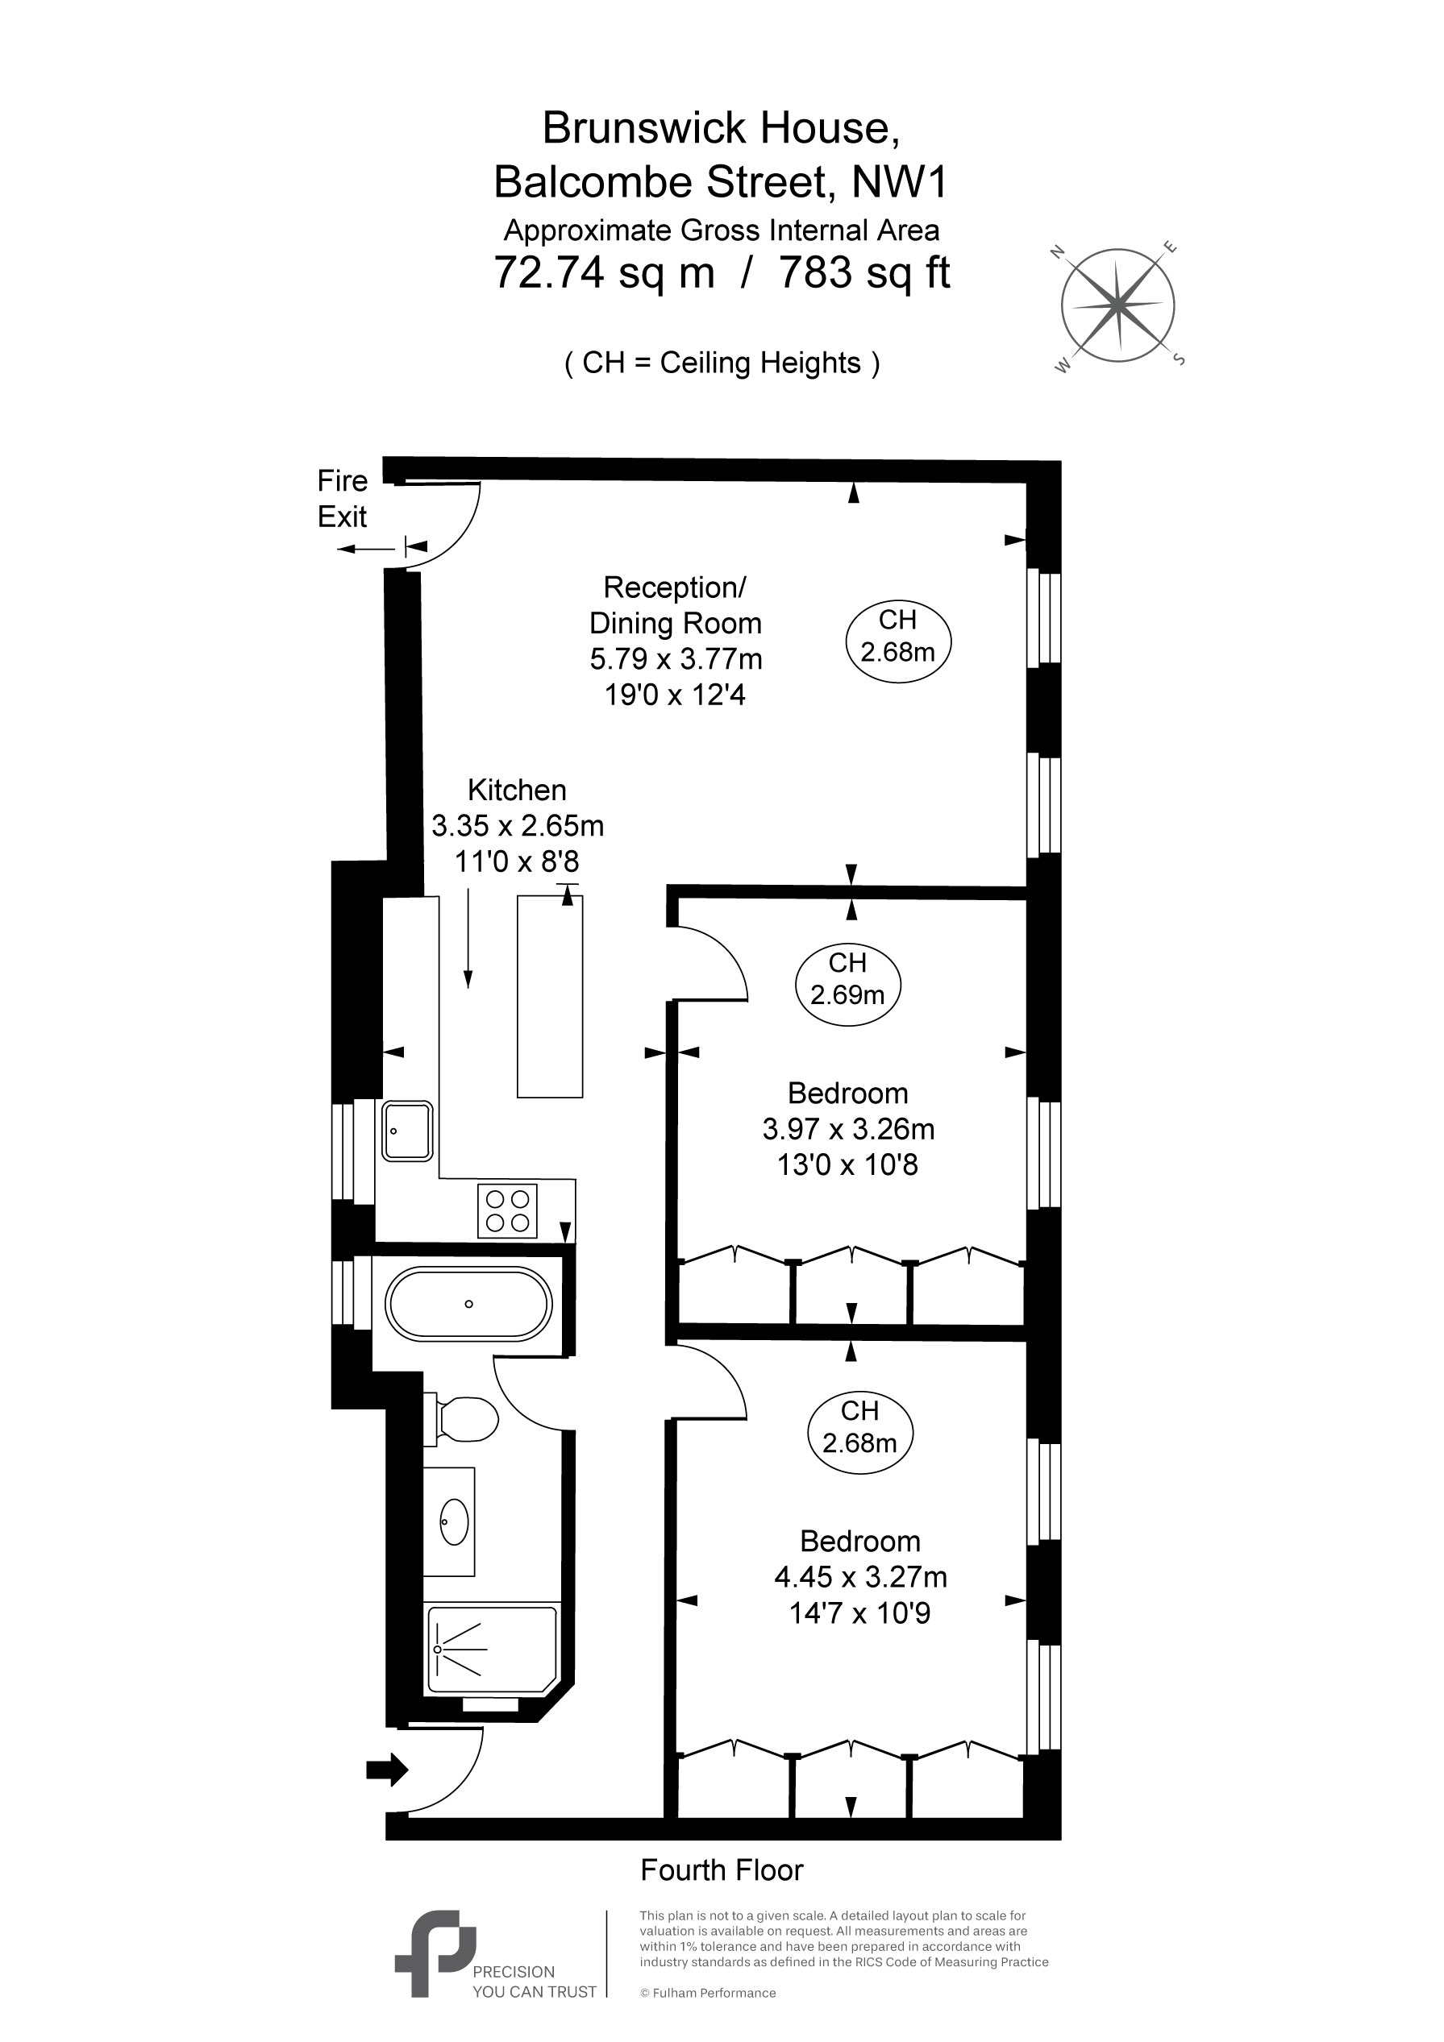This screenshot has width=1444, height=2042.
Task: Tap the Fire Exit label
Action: click(x=343, y=498)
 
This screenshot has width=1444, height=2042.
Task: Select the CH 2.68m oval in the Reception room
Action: click(x=897, y=641)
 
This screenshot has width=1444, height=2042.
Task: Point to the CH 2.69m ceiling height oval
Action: click(x=847, y=984)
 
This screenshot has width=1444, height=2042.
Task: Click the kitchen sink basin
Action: click(x=406, y=1131)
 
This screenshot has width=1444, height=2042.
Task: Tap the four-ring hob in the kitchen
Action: click(x=507, y=1210)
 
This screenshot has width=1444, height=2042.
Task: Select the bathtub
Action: click(x=469, y=1304)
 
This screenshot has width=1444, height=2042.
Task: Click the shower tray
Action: click(x=492, y=1649)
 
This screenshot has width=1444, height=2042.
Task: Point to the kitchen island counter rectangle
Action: click(x=550, y=996)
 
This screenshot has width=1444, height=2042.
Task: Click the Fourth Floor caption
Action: click(x=722, y=1870)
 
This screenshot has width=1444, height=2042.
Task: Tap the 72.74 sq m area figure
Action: click(x=604, y=272)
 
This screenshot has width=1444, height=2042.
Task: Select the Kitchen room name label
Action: click(x=517, y=790)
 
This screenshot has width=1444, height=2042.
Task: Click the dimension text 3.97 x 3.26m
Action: click(x=848, y=1129)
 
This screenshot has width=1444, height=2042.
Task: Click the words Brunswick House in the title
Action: click(x=722, y=128)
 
